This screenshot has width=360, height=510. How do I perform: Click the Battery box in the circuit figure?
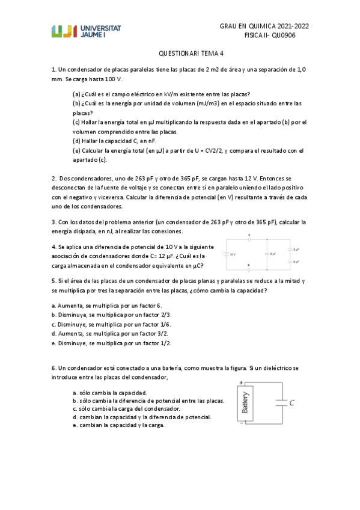[245, 403]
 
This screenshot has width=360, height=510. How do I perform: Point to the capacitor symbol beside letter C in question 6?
[277, 404]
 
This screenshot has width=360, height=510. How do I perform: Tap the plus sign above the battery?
[242, 382]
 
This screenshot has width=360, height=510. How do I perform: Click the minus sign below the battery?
[242, 423]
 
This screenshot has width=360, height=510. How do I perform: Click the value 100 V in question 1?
[111, 79]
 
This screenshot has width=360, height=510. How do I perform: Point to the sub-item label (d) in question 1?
[76, 141]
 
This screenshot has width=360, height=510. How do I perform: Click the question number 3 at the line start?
[54, 222]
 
